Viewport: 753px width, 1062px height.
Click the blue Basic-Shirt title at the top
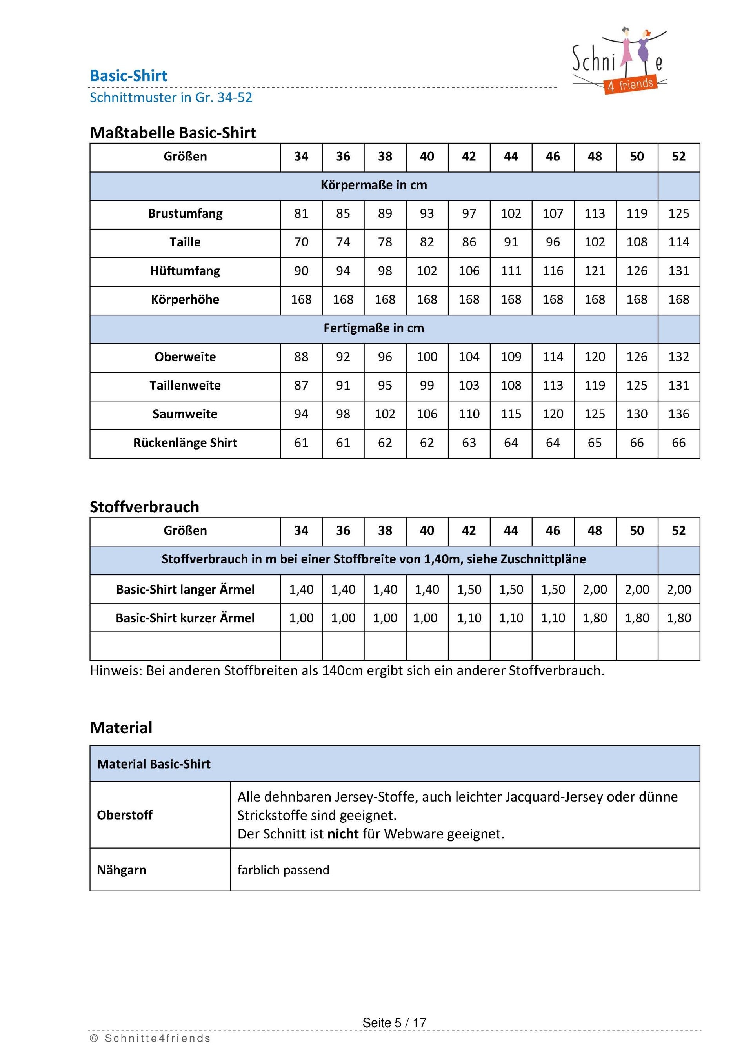click(x=128, y=76)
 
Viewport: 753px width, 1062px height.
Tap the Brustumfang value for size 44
click(x=511, y=214)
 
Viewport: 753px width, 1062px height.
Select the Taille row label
click(x=185, y=242)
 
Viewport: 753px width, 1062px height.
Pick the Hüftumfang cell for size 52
click(x=678, y=271)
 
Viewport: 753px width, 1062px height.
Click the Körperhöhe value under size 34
click(x=301, y=300)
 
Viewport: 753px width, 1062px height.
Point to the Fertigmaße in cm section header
click(x=373, y=328)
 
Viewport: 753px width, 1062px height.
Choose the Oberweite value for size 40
click(x=427, y=357)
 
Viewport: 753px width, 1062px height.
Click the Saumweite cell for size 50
click(x=637, y=414)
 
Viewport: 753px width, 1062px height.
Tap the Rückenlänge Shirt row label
click(x=185, y=443)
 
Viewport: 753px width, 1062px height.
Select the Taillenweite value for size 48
click(x=595, y=385)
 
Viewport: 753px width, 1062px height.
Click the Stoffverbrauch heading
click(x=144, y=507)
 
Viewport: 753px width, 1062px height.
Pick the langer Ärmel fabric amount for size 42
click(x=469, y=589)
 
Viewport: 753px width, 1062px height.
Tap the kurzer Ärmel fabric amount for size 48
click(x=595, y=618)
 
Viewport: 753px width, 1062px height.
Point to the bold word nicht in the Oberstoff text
click(x=343, y=834)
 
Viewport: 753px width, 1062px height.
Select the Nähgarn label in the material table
click(x=122, y=870)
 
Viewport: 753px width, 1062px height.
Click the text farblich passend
click(x=283, y=870)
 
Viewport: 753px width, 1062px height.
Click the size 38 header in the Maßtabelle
click(x=385, y=157)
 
